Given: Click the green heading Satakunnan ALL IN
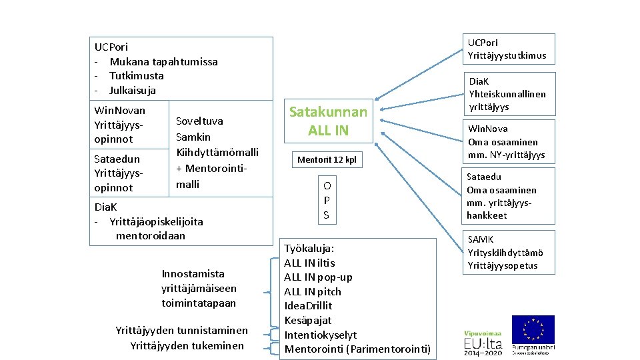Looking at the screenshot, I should click(328, 121).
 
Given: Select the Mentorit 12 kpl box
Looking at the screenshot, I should click(327, 160).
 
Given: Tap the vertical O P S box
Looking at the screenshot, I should click(327, 200).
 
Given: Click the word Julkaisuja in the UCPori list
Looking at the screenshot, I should click(132, 90).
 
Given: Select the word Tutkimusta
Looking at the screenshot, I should click(136, 75).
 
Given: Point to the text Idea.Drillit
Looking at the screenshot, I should click(308, 305).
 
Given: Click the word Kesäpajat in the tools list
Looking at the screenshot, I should click(307, 320).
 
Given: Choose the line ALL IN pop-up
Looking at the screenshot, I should click(318, 277).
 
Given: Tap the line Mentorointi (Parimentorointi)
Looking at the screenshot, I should click(357, 349).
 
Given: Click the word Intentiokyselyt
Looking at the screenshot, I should click(321, 335).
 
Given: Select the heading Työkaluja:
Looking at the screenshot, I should click(309, 248).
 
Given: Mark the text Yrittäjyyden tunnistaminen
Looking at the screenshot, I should click(181, 330).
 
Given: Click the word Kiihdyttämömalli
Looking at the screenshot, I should click(217, 152).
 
